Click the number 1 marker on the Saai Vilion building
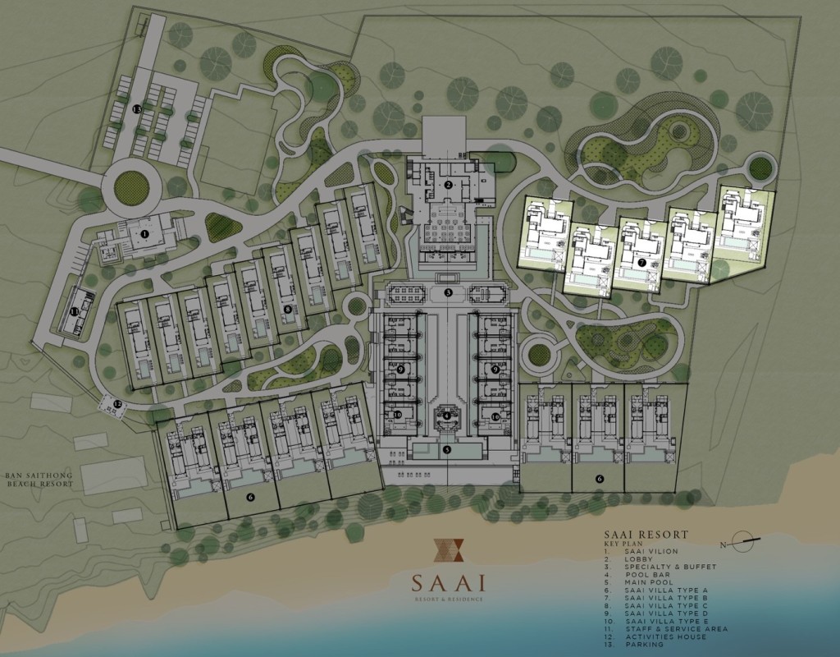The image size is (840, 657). tap(144, 234)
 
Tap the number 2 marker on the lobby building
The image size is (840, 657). tap(449, 185)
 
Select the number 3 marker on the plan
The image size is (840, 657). tap(449, 292)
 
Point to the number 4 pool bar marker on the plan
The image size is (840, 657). tap(446, 416)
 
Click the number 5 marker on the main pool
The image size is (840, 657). tap(447, 449)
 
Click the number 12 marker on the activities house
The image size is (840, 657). tap(117, 403)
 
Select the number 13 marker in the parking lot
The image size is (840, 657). tap(138, 108)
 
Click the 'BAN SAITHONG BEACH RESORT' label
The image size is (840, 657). tap(39, 480)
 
